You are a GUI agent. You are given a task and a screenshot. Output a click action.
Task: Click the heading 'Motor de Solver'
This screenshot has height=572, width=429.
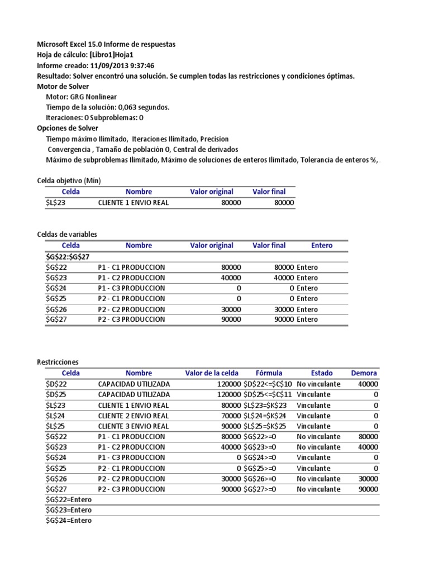click(x=63, y=87)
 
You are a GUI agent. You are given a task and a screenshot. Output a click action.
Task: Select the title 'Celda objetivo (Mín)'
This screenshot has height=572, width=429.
click(x=69, y=181)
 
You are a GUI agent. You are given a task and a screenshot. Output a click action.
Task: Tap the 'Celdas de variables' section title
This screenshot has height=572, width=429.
click(x=66, y=235)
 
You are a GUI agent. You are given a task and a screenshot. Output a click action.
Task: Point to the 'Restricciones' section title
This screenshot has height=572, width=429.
click(x=58, y=363)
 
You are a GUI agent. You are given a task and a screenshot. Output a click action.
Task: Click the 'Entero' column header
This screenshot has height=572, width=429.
click(x=322, y=246)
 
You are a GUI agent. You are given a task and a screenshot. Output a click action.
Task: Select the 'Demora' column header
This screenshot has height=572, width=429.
click(x=364, y=373)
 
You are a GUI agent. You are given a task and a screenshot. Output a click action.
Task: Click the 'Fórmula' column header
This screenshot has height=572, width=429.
click(x=269, y=373)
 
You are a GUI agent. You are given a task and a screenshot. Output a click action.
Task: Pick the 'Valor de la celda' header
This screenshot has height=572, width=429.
click(x=212, y=373)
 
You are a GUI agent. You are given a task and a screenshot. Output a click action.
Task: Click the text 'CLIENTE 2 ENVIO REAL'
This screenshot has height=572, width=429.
click(x=133, y=416)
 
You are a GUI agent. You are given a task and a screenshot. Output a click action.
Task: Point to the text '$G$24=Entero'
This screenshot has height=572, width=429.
click(x=69, y=521)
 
